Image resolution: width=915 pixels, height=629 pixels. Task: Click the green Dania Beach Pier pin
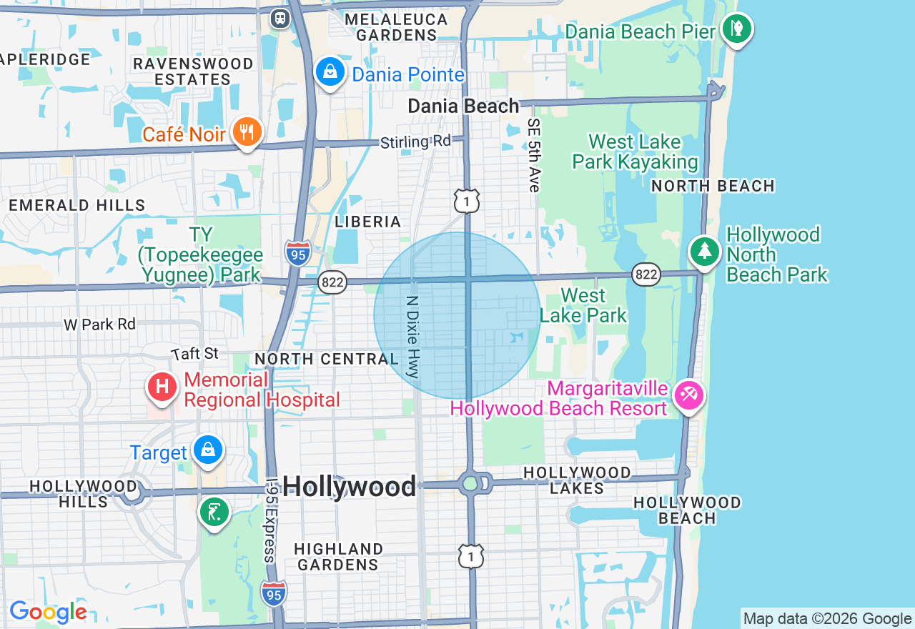coord(737,29)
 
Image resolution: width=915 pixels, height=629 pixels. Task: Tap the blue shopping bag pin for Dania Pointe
coord(330,72)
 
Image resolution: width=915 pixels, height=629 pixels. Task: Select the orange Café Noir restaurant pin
coord(247,132)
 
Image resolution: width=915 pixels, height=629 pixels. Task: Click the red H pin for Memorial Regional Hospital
coord(162,387)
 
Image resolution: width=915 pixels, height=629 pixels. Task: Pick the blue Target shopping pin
coord(208,450)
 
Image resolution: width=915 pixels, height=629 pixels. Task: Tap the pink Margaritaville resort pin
coord(690,395)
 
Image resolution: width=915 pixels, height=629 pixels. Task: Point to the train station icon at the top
coord(280,18)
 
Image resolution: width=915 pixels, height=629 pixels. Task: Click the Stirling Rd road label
coord(415,142)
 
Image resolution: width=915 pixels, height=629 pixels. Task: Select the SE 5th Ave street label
coord(533,155)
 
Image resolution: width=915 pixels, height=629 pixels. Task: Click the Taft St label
coord(194,354)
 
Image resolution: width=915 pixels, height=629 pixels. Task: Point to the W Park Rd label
coord(99,325)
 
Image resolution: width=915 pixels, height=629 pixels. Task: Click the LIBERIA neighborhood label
coord(367,222)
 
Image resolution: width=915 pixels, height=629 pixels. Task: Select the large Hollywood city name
coord(349,487)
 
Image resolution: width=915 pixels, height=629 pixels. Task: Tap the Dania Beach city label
coord(463,107)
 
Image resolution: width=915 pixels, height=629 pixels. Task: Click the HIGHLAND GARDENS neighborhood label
coord(338,557)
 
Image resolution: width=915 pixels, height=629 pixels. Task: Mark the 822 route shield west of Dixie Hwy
coord(333,282)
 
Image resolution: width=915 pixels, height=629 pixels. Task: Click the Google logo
coord(48,612)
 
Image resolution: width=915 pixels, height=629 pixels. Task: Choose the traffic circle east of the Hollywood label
coord(470,484)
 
